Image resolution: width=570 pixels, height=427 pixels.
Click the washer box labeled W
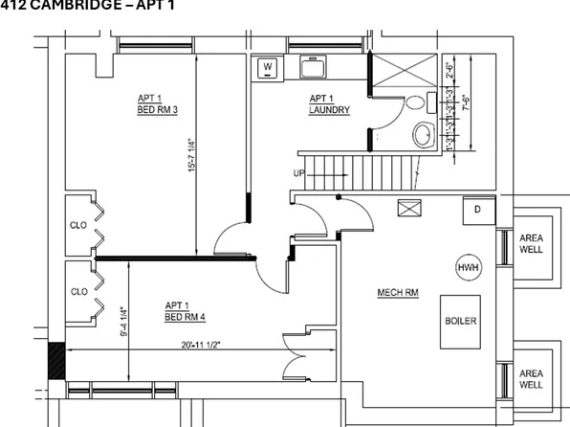coord(268,67)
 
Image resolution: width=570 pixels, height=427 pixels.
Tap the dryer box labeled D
coord(476,209)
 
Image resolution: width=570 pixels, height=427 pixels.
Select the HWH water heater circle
coord(468,267)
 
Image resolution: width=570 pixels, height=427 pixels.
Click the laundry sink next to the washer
coord(314,68)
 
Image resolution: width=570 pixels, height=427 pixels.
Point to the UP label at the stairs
coord(300,173)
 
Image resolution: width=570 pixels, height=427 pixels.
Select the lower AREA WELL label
coord(532,378)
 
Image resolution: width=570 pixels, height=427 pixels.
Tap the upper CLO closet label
coord(78,226)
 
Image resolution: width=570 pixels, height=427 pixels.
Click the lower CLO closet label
coord(78,291)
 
